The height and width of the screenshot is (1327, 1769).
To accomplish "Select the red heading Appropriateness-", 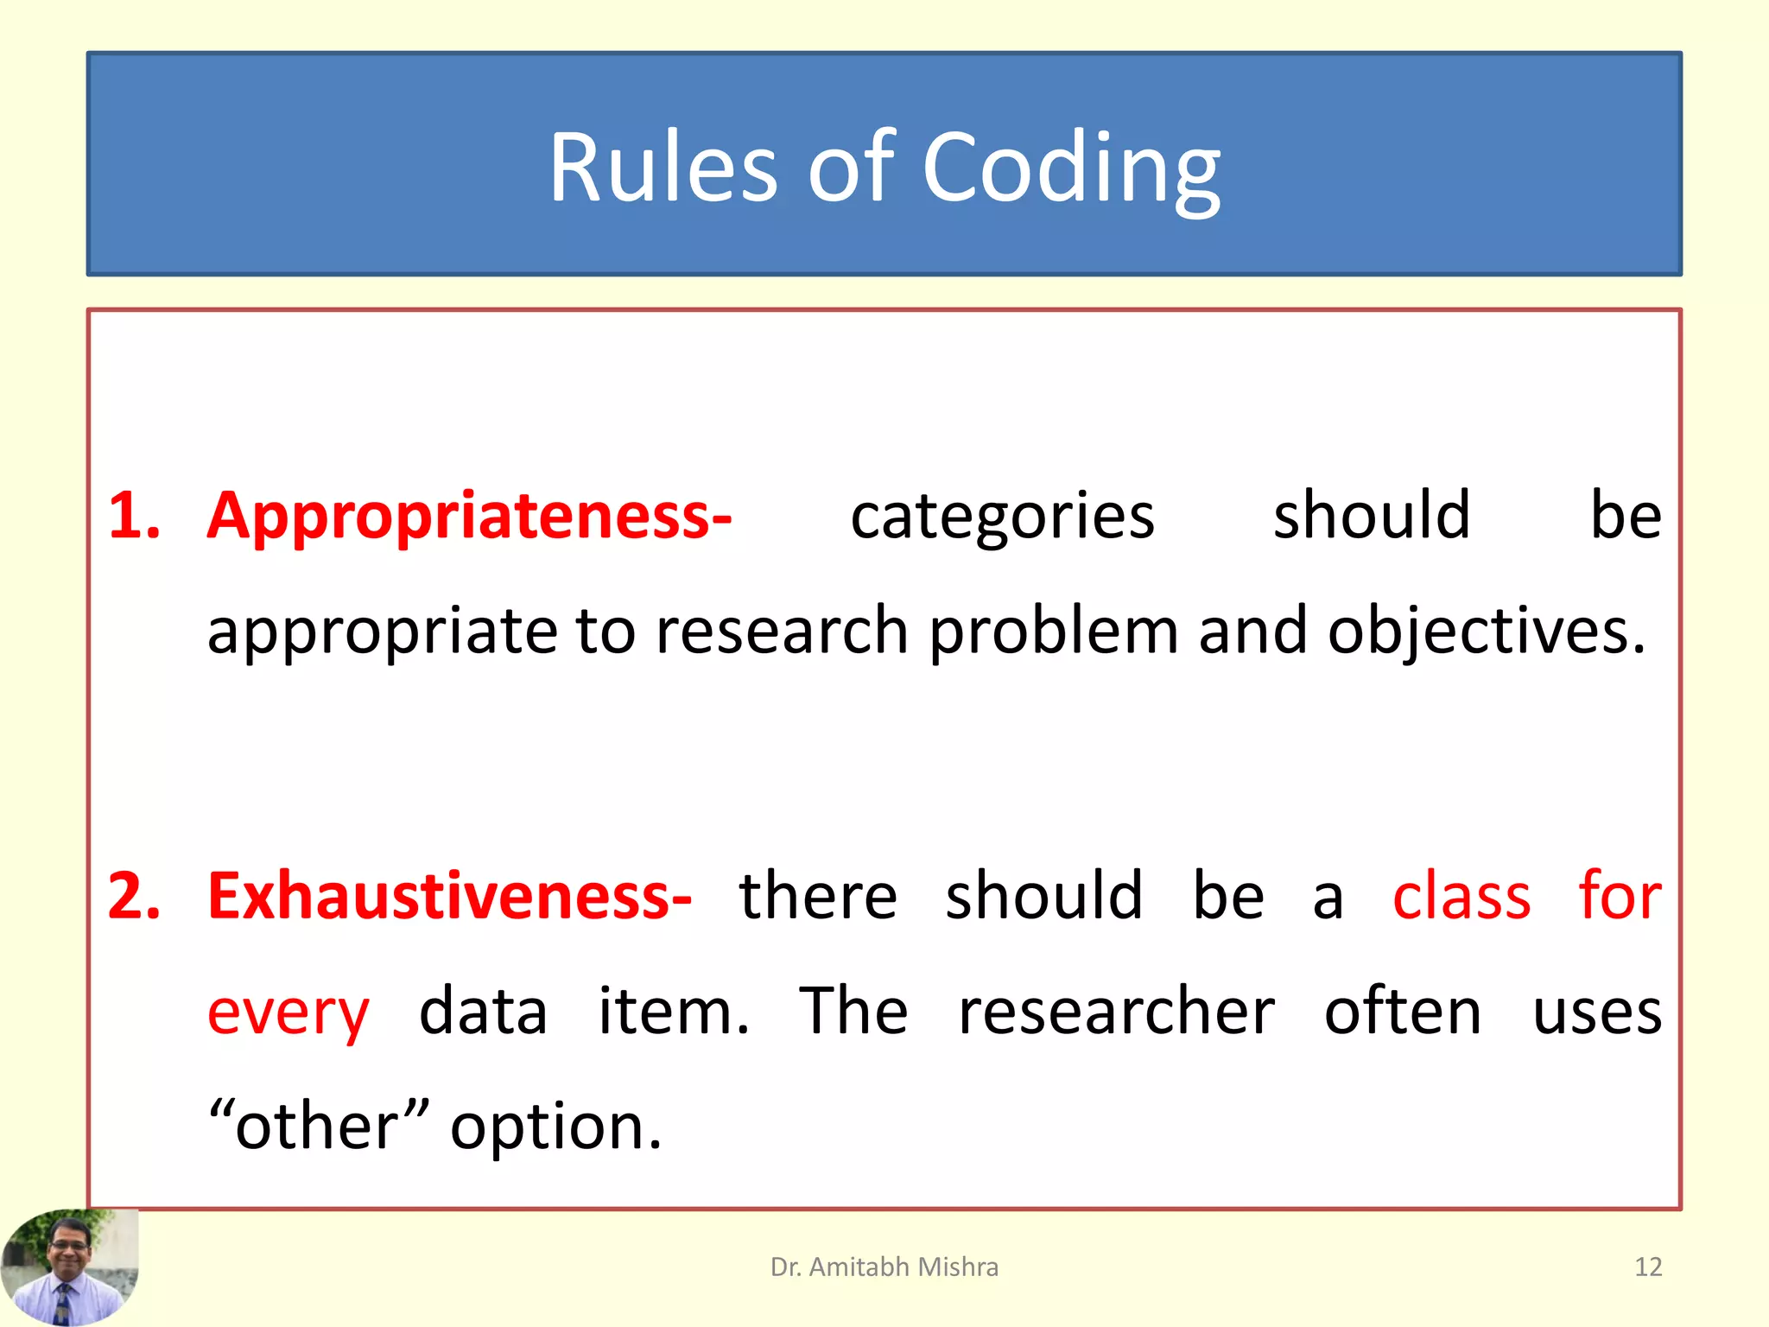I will [x=469, y=516].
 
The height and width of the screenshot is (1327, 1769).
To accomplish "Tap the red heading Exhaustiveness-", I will [x=449, y=896].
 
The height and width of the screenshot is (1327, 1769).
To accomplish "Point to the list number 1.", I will [x=134, y=516].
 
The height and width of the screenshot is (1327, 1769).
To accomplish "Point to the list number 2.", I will [x=134, y=896].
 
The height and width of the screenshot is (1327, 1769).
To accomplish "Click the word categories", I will [x=1002, y=516].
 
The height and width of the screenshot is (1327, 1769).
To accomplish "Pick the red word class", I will [x=1461, y=896].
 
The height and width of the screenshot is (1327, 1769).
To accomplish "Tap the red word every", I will [x=288, y=1013].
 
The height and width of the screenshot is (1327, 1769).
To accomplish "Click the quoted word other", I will [x=318, y=1127].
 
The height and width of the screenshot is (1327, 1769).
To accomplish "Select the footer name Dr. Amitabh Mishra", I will [x=884, y=1267].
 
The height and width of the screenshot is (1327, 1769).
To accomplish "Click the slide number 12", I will [x=1648, y=1267].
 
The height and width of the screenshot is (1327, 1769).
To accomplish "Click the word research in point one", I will [x=782, y=631].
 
